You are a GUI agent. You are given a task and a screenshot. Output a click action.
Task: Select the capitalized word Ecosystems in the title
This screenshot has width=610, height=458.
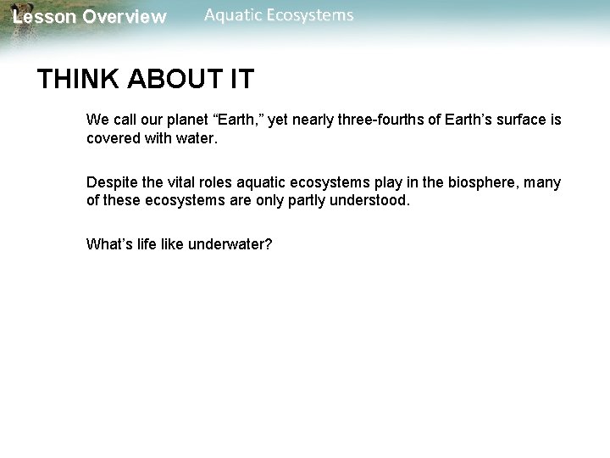click(311, 15)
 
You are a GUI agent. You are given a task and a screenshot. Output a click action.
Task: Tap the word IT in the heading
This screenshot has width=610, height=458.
click(240, 80)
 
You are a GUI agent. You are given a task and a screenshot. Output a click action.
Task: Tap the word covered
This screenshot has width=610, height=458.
click(113, 138)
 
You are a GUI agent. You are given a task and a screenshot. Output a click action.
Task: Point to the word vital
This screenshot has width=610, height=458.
click(185, 183)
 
